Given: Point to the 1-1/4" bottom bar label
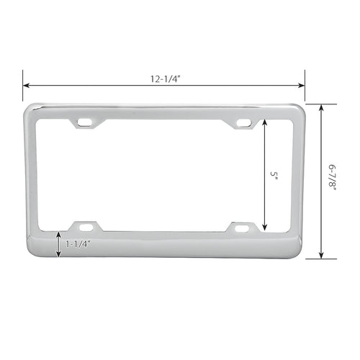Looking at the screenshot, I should coord(78,244).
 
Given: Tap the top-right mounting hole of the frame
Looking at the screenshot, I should coord(244,122).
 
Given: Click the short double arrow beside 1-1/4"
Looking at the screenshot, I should coord(59,244).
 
